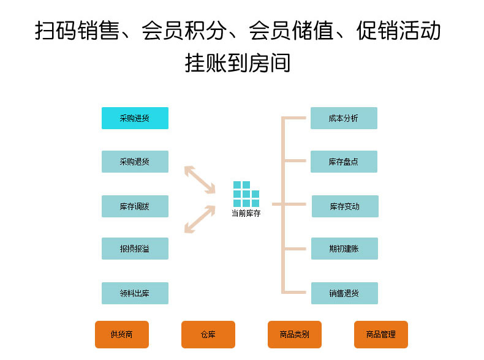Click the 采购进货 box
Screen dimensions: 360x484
point(135,118)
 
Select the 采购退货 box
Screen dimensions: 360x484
point(135,162)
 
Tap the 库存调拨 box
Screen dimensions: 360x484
point(135,206)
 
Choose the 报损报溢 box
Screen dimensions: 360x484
point(135,249)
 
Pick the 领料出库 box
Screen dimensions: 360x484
point(135,293)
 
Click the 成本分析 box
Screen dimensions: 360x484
point(344,118)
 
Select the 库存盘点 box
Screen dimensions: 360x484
point(344,162)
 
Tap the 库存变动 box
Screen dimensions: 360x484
point(345,206)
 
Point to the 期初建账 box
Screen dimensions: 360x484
point(344,249)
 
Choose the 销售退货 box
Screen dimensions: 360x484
point(344,293)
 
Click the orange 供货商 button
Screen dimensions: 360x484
point(122,334)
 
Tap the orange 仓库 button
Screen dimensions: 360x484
point(208,334)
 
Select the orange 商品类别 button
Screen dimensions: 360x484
point(295,334)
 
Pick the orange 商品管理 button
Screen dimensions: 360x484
point(381,334)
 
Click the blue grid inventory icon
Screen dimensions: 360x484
point(246,194)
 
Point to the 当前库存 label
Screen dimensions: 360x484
point(246,214)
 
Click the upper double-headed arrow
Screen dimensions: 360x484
point(200,179)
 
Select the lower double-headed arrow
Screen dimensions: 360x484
point(200,219)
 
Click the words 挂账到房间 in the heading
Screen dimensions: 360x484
point(238,62)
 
